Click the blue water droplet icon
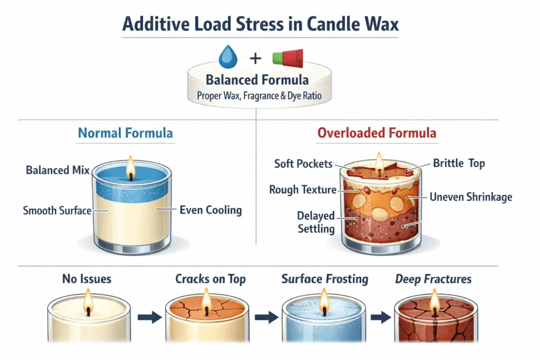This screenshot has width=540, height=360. click(x=228, y=56)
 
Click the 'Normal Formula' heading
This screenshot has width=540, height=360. click(x=125, y=132)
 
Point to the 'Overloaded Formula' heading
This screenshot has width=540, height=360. click(x=377, y=132)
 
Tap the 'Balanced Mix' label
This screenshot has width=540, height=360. click(x=57, y=170)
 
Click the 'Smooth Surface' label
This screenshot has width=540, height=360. click(x=57, y=211)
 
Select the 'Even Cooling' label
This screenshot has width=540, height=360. click(x=210, y=210)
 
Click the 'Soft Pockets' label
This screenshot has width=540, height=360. click(x=303, y=163)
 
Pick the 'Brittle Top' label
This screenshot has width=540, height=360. click(x=459, y=163)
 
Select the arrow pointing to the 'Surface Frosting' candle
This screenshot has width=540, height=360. click(x=267, y=318)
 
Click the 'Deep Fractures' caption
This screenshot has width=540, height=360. click(x=433, y=279)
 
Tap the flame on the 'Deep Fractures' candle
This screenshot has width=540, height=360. click(x=434, y=301)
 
